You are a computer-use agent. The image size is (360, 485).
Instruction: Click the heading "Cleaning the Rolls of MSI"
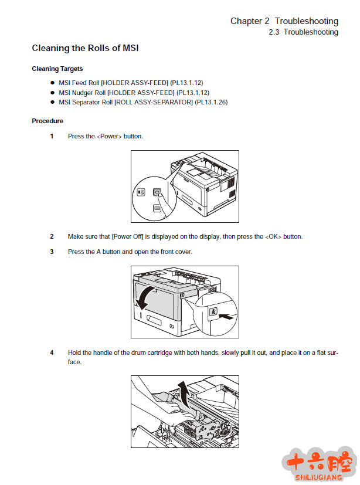coord(85,48)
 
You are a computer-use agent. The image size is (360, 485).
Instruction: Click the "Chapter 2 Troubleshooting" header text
coord(284,21)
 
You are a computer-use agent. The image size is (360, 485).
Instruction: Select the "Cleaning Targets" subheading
coord(57,69)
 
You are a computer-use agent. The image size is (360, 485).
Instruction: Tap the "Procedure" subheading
coord(47,121)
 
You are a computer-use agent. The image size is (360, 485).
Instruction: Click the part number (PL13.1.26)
coord(211,103)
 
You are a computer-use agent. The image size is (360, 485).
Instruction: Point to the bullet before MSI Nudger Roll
coord(52,93)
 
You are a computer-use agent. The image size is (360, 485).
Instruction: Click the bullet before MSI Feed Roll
coord(52,83)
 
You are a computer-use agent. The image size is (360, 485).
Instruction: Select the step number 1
coord(52,137)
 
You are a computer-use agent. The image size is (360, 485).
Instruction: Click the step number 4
coord(52,353)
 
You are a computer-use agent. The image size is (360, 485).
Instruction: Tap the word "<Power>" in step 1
coord(109,137)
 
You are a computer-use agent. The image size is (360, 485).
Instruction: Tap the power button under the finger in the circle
coord(157,192)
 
